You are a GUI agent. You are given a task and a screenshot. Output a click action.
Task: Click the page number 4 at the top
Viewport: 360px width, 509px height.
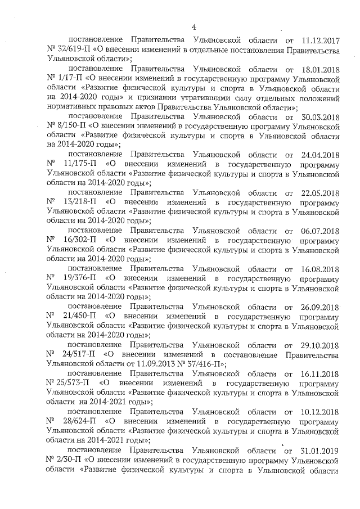193,26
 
